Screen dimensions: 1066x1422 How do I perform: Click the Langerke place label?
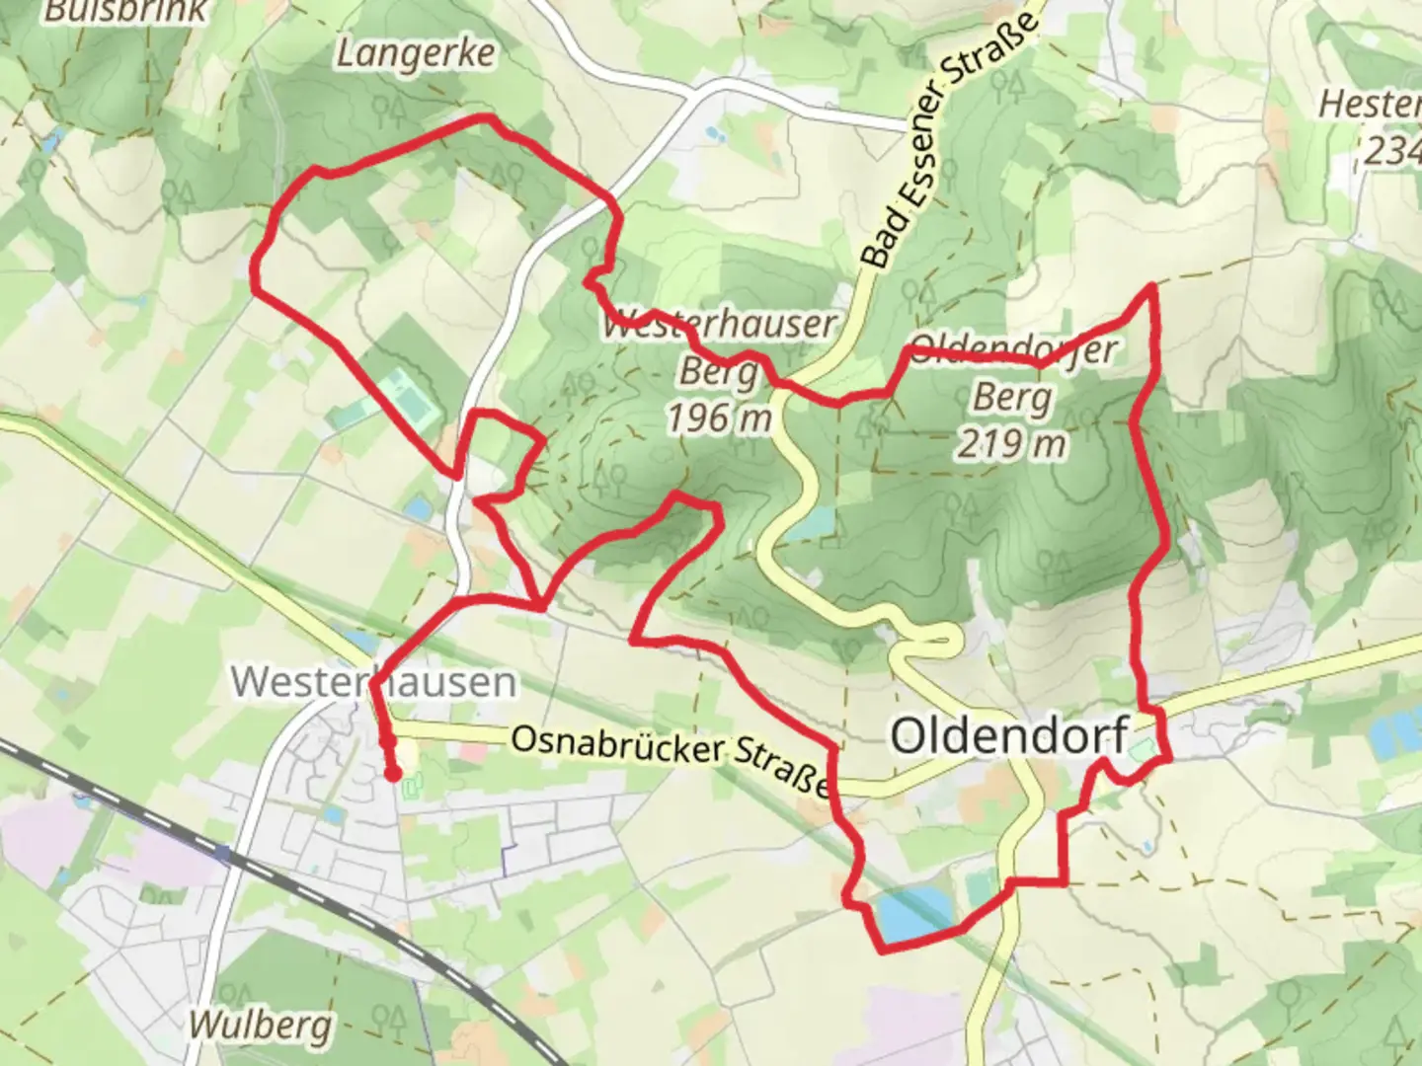pos(415,53)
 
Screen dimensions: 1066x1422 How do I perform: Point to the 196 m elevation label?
pos(718,418)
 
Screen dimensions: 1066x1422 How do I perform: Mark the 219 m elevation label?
pos(1011,443)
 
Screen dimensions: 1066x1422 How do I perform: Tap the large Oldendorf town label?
pos(1009,735)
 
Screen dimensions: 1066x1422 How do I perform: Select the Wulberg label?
pos(260,1026)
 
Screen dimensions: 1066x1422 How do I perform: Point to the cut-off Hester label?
pos(1371,104)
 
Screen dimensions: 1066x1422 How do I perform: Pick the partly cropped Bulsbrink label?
pos(126,10)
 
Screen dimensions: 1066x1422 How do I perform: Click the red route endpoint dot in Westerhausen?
pos(393,776)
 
